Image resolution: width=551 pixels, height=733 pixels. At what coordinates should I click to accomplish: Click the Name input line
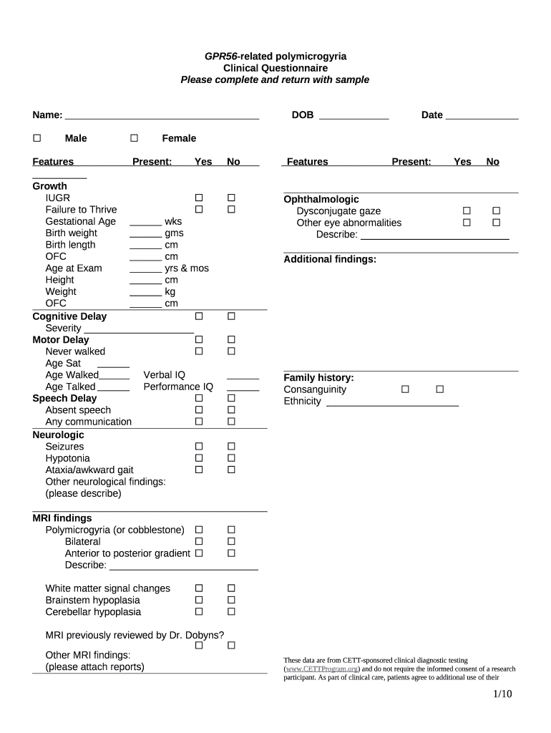[161, 116]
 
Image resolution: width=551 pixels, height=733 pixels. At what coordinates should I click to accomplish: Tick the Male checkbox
[37, 138]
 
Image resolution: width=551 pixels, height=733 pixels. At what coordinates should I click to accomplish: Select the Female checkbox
[134, 138]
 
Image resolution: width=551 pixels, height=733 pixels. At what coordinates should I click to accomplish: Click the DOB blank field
[353, 116]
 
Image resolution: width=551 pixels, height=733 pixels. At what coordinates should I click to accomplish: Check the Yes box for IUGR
[199, 198]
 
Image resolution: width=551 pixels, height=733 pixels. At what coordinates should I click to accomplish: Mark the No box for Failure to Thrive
[231, 209]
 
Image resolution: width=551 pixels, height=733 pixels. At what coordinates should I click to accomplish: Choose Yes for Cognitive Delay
[199, 316]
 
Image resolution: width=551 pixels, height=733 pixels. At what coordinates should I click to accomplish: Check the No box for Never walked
[231, 351]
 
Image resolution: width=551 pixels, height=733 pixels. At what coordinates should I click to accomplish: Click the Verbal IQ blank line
[243, 376]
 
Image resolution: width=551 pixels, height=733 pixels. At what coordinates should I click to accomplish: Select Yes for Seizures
[199, 447]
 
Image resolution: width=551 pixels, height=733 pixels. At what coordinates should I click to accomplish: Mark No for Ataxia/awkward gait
[231, 470]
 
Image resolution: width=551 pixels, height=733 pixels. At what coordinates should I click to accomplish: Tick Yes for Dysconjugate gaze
[466, 211]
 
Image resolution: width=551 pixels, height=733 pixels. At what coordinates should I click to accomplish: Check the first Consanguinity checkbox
[405, 389]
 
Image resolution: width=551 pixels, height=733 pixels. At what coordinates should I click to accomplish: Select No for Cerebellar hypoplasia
[231, 612]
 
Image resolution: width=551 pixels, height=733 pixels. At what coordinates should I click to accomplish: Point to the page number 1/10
[502, 694]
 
